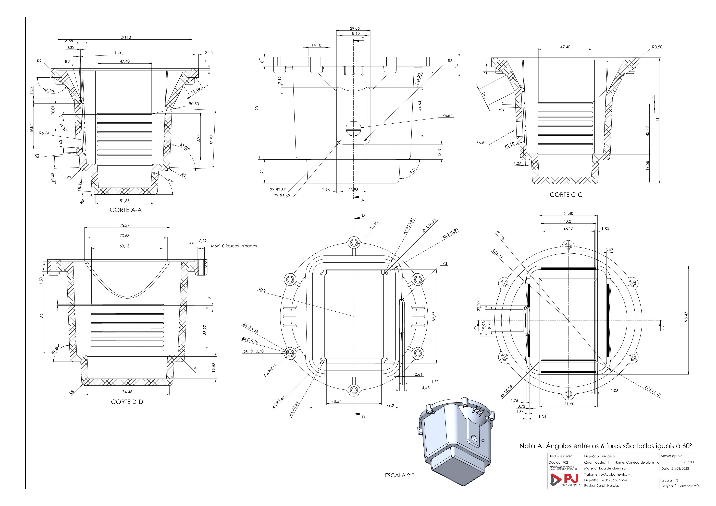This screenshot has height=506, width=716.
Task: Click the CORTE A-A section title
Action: coord(126,210)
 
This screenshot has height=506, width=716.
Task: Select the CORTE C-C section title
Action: coord(566,195)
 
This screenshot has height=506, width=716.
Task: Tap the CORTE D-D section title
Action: coord(127,402)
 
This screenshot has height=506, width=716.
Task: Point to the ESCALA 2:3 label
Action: coord(400,475)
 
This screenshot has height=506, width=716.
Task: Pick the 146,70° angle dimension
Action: coord(49,90)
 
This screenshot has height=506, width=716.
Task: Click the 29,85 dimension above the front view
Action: coord(355,28)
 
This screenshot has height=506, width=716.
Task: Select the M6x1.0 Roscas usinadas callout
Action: coord(234,246)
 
